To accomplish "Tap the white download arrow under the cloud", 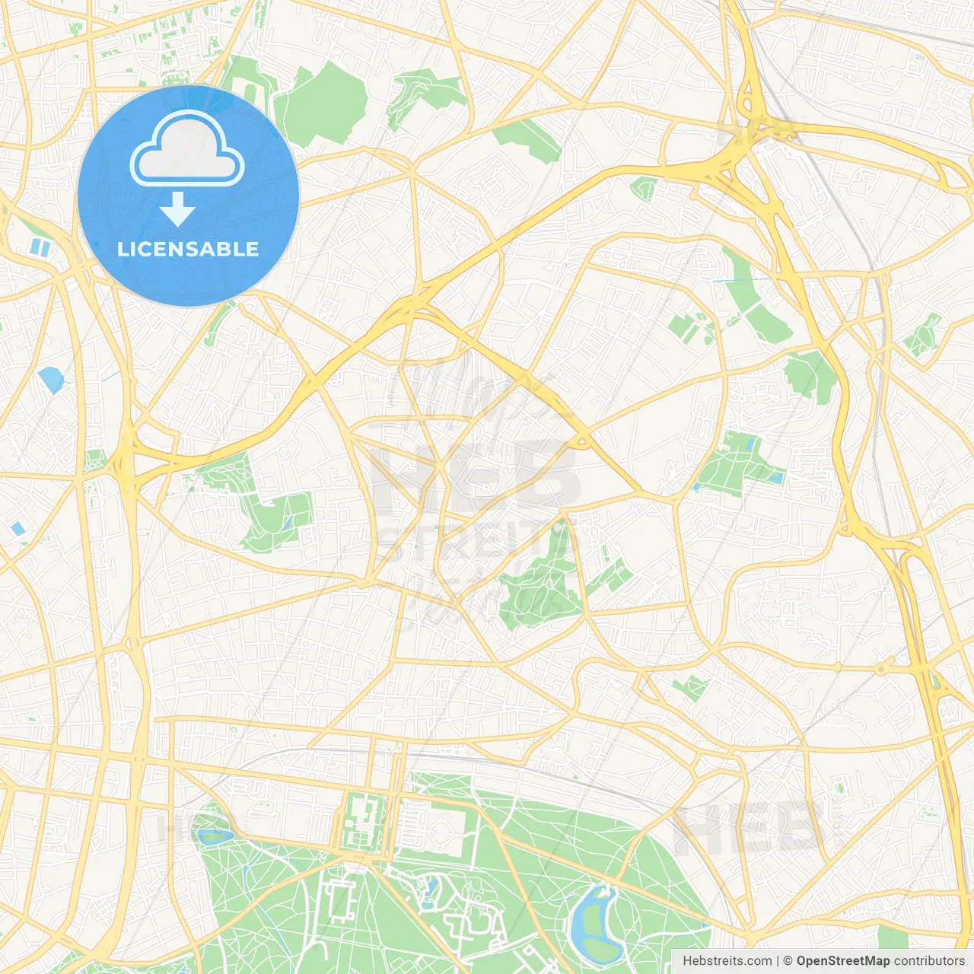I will click(177, 209).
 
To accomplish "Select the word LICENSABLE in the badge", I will click(188, 249).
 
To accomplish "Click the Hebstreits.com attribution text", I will click(727, 961).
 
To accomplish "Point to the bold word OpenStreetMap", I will click(842, 961).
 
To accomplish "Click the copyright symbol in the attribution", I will click(788, 961).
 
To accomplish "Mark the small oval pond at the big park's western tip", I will click(215, 836).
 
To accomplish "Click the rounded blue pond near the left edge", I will click(51, 379).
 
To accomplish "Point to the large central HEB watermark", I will click(472, 472).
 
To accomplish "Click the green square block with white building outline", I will click(362, 820).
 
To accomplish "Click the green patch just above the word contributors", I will click(893, 937).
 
